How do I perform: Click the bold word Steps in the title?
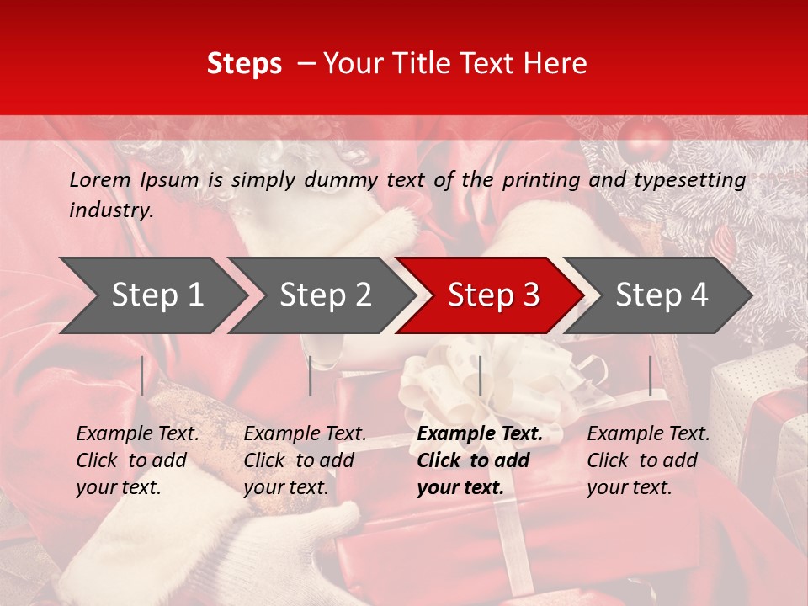point(244,64)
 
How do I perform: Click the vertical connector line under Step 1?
point(142,375)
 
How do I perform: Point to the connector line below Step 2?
point(311,375)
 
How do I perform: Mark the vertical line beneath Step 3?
point(480,375)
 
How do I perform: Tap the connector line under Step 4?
point(651,375)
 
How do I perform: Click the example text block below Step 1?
point(137,460)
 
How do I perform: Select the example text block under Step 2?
point(305,460)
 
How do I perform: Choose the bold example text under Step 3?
point(479,460)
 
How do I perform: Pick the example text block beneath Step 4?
point(648,460)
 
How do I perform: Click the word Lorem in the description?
point(99,180)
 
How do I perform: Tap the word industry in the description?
point(110,210)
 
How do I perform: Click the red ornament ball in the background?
point(643,138)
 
